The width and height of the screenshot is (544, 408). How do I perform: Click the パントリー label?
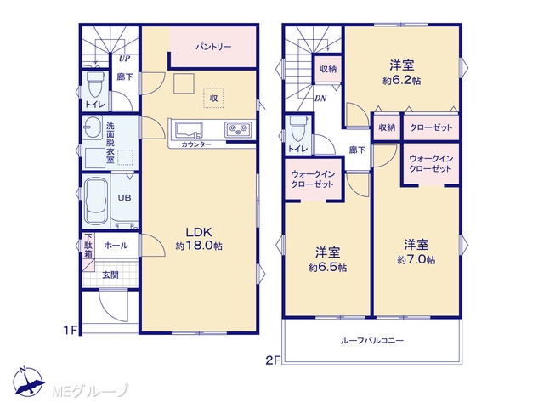213,47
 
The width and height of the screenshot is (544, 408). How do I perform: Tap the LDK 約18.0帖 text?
199,238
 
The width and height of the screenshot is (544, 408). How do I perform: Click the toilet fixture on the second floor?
298,128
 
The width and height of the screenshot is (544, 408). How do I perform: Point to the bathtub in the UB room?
96,201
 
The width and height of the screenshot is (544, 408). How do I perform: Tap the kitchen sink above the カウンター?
189,130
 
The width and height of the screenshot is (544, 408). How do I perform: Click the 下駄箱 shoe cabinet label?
88,246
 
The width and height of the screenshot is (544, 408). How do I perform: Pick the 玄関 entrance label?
110,275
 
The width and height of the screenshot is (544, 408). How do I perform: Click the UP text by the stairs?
124,59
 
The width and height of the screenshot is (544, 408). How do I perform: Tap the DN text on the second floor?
320,99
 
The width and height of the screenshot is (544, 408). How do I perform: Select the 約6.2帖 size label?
402,81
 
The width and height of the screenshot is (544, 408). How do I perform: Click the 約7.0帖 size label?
416,260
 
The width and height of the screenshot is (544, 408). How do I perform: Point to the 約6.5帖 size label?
327,268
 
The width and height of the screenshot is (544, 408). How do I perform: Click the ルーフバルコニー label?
372,340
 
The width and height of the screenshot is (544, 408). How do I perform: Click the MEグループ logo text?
90,391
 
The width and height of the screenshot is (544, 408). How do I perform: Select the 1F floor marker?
70,331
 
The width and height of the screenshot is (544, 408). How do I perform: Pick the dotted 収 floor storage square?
213,99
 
